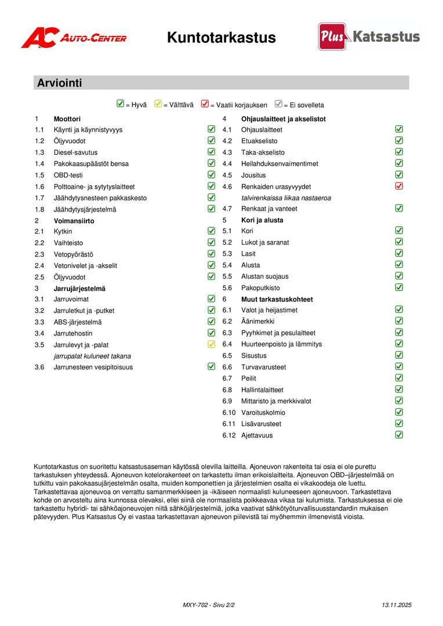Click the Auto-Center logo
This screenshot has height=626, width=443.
tap(74, 38)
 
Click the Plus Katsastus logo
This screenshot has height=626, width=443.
tap(369, 37)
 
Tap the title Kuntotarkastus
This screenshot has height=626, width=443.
tap(221, 38)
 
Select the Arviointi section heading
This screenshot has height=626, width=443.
tap(60, 83)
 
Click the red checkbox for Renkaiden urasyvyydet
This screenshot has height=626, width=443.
tap(399, 186)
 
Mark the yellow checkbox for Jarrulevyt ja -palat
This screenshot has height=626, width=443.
tap(211, 344)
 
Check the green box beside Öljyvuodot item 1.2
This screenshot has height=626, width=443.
tap(211, 140)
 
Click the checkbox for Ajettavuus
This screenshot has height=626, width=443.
tap(399, 435)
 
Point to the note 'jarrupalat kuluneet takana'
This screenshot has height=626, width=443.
tap(92, 356)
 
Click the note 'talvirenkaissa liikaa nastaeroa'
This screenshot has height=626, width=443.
tap(286, 198)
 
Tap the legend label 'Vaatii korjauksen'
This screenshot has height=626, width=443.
tap(238, 105)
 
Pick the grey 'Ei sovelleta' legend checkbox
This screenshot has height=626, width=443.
tap(278, 104)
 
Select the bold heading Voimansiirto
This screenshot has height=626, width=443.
tap(74, 221)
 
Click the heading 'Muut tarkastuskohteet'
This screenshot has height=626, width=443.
tap(277, 299)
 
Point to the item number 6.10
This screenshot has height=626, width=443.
tap(228, 413)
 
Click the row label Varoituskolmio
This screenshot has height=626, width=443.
tap(263, 413)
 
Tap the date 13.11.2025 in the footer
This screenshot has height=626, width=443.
tap(396, 605)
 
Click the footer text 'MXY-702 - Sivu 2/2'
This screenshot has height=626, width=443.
tap(208, 605)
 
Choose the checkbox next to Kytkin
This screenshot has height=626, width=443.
tap(211, 231)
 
